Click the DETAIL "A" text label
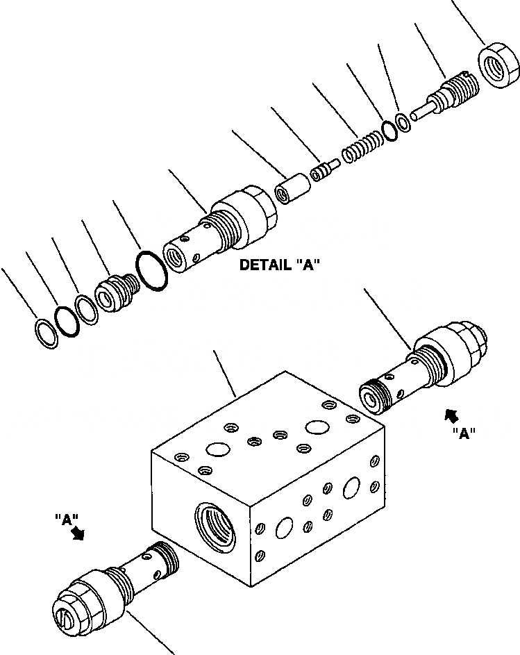coord(279,265)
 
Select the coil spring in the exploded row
coord(362,148)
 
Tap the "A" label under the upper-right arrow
coord(463,434)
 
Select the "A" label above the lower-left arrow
coord(67,518)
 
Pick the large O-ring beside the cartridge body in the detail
coord(153,272)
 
